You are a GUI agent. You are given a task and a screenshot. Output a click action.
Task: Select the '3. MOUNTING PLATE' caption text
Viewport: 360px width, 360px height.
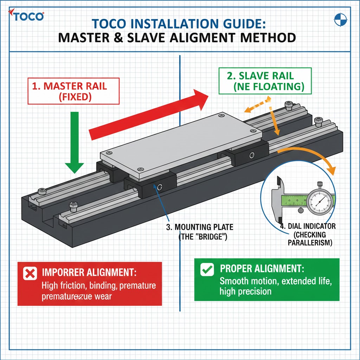point(200,232)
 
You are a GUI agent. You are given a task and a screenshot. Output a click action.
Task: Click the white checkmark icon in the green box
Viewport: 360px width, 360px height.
point(207,270)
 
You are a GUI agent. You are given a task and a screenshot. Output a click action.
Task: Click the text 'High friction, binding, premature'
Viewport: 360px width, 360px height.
point(98,285)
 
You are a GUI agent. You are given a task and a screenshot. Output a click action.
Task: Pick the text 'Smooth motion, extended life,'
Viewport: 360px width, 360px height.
point(275,281)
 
